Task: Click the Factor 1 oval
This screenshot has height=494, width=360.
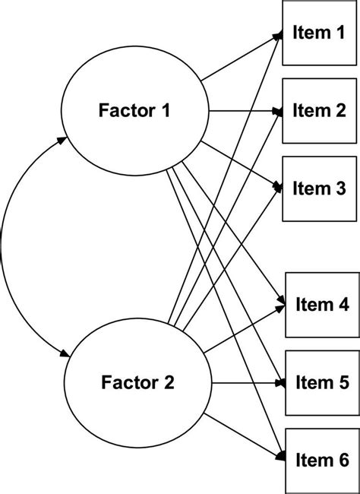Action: coord(134,111)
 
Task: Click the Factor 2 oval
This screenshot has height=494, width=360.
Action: coord(137,382)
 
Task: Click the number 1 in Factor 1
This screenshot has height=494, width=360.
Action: coord(164,111)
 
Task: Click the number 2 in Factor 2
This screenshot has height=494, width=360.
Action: coord(169,382)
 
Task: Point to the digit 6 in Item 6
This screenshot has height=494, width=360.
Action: coord(344,459)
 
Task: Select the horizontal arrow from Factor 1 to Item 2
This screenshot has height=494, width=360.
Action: coord(243,111)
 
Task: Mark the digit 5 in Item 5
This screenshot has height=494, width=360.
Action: coord(344,382)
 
